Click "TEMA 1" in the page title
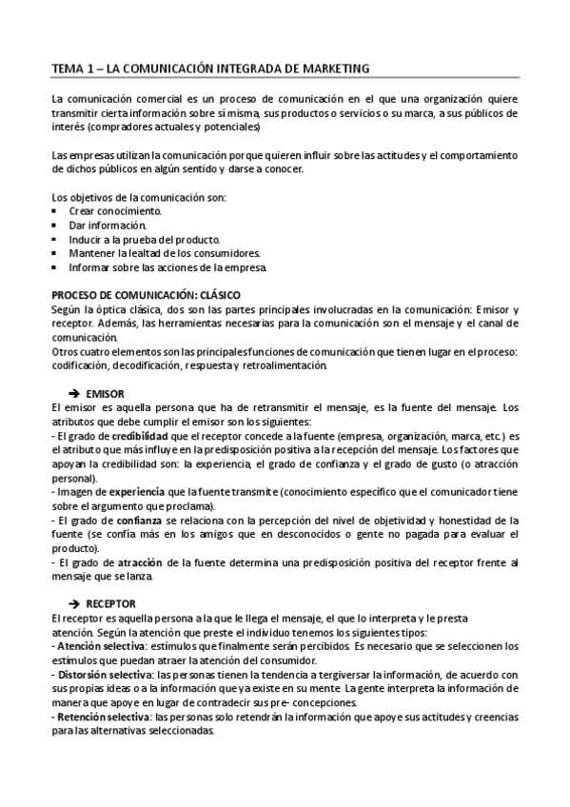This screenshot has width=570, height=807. point(72,68)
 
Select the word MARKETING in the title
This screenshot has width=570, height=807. point(330,68)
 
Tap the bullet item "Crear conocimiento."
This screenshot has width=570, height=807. point(114,210)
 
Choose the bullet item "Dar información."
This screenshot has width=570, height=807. point(107,225)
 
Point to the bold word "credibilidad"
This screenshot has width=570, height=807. point(142,437)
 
